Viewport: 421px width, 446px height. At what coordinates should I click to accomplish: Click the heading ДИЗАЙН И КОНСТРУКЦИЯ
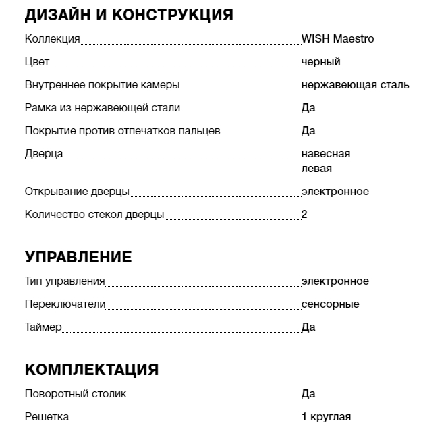129,15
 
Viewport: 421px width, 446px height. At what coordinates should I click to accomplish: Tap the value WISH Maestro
337,39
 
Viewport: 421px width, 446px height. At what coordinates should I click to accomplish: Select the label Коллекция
52,39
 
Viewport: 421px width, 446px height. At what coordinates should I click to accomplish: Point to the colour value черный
320,62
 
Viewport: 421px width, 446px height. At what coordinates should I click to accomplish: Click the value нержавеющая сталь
355,85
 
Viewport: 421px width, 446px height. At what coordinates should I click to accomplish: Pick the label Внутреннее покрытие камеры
102,85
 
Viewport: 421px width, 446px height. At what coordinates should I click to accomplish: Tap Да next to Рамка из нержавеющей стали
308,108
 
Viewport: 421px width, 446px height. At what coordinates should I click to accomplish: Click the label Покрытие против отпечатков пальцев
122,131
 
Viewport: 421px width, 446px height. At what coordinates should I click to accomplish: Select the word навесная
326,154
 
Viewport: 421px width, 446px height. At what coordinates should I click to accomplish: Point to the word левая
316,169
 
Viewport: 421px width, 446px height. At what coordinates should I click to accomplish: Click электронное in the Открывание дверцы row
335,192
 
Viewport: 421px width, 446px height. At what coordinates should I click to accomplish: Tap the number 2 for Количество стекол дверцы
304,215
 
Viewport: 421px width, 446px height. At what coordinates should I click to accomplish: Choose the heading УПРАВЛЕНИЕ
78,257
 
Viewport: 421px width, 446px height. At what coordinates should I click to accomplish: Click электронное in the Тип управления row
335,281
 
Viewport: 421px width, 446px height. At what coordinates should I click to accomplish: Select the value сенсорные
330,304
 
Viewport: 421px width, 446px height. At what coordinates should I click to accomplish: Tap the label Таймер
43,327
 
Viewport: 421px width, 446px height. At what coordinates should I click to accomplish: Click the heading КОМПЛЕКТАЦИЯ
92,370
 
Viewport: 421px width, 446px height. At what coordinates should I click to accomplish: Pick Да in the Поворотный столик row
308,394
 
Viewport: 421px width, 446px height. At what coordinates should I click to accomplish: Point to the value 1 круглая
326,417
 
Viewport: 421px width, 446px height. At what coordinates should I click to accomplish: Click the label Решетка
47,417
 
